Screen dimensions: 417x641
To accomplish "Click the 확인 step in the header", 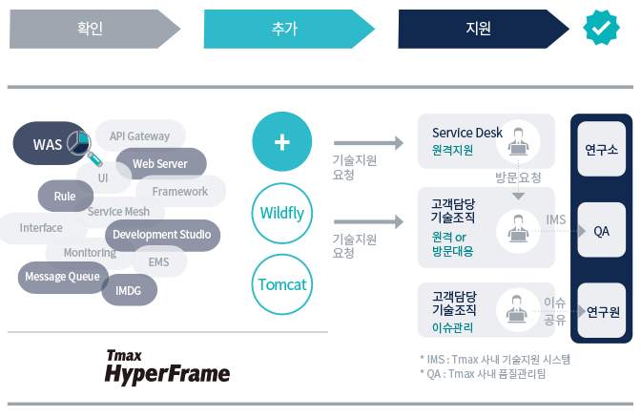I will click(91, 29).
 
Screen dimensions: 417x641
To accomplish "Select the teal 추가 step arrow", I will click(284, 29).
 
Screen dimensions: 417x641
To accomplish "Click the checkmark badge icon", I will click(601, 29).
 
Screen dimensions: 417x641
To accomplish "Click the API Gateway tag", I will click(139, 136).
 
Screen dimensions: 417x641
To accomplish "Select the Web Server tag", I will click(160, 164).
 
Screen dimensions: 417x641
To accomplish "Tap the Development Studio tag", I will click(161, 235).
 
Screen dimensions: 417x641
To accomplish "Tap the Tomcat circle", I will click(281, 284).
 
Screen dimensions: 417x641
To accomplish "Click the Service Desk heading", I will click(467, 133).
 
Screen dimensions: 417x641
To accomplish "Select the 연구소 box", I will click(602, 150).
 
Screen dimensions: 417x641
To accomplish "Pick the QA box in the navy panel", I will click(602, 231).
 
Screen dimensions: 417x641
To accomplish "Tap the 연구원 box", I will click(602, 312).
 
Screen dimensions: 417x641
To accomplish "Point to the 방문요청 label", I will click(518, 177).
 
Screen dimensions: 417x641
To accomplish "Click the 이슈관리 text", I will click(452, 326).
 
